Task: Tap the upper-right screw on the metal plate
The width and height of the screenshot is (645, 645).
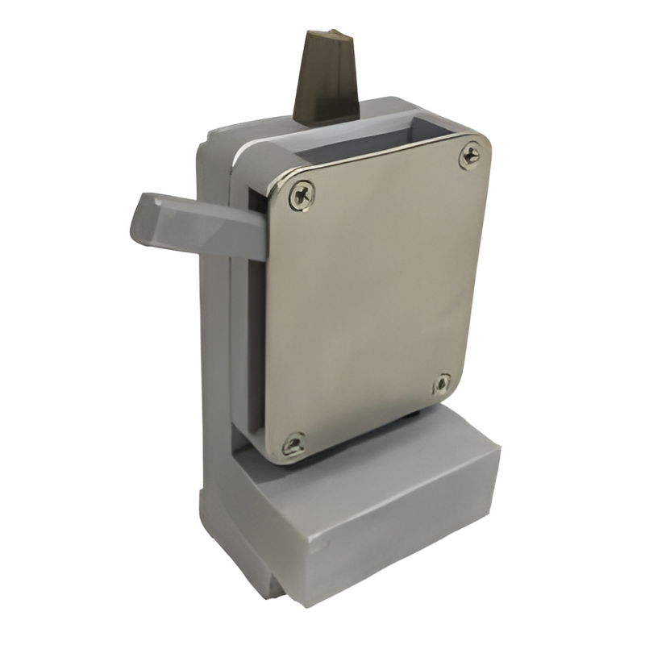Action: [x=470, y=155]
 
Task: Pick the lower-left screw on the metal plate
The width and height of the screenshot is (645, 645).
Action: [x=293, y=443]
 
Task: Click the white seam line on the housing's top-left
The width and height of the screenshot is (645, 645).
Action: [x=242, y=153]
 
